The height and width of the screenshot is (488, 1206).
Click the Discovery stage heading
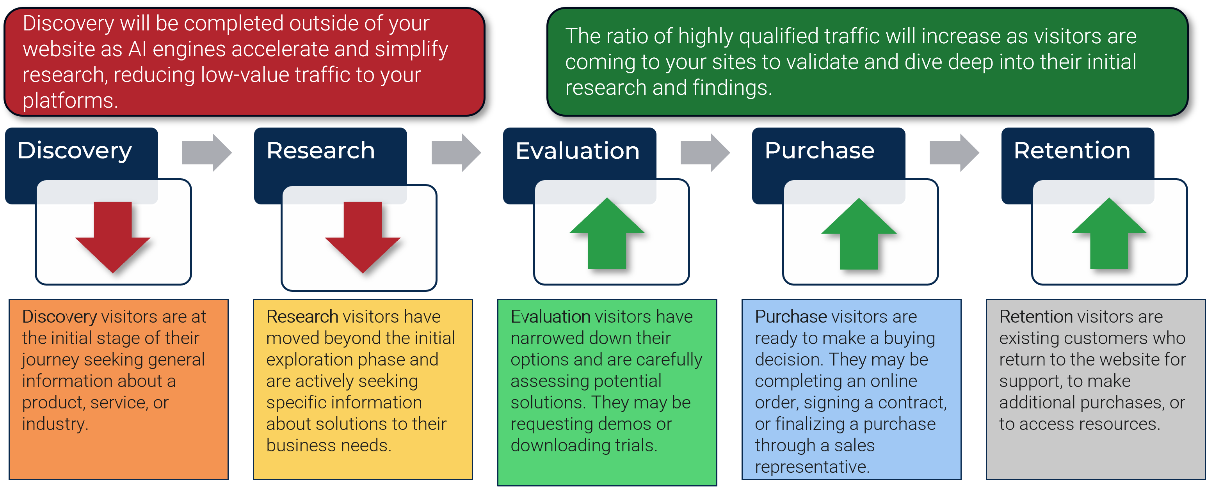click(75, 151)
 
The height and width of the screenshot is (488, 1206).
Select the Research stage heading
click(321, 151)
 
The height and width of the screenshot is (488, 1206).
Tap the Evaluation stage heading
click(577, 151)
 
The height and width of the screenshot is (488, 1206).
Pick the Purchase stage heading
click(819, 151)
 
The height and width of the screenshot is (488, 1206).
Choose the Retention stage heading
click(1072, 151)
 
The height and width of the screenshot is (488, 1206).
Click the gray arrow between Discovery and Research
click(207, 153)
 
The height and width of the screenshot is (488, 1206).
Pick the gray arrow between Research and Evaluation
click(456, 153)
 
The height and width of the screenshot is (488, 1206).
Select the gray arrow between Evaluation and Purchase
click(705, 153)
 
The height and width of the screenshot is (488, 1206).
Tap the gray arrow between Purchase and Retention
click(954, 153)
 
